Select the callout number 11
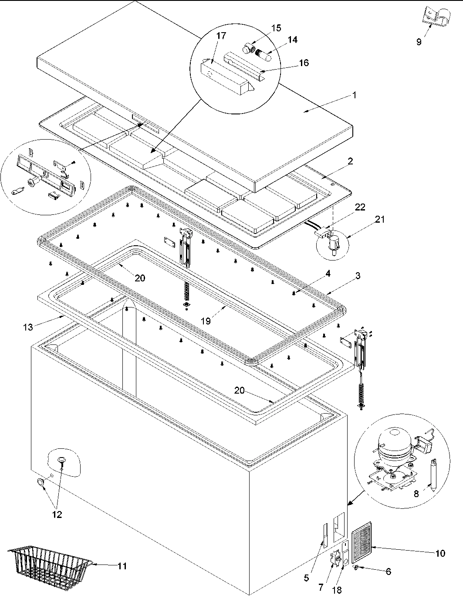coord(122,566)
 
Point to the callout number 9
coord(419,42)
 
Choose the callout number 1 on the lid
coord(355,95)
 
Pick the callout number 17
coord(221,36)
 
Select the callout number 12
coord(57,514)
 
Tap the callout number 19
coord(206,321)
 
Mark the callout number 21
coord(380,220)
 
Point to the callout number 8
coord(416,494)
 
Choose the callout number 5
coord(306,578)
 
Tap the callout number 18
coord(337,590)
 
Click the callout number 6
coord(389,572)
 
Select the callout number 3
coord(357,276)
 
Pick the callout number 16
coord(304,63)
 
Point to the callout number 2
coord(351,161)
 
